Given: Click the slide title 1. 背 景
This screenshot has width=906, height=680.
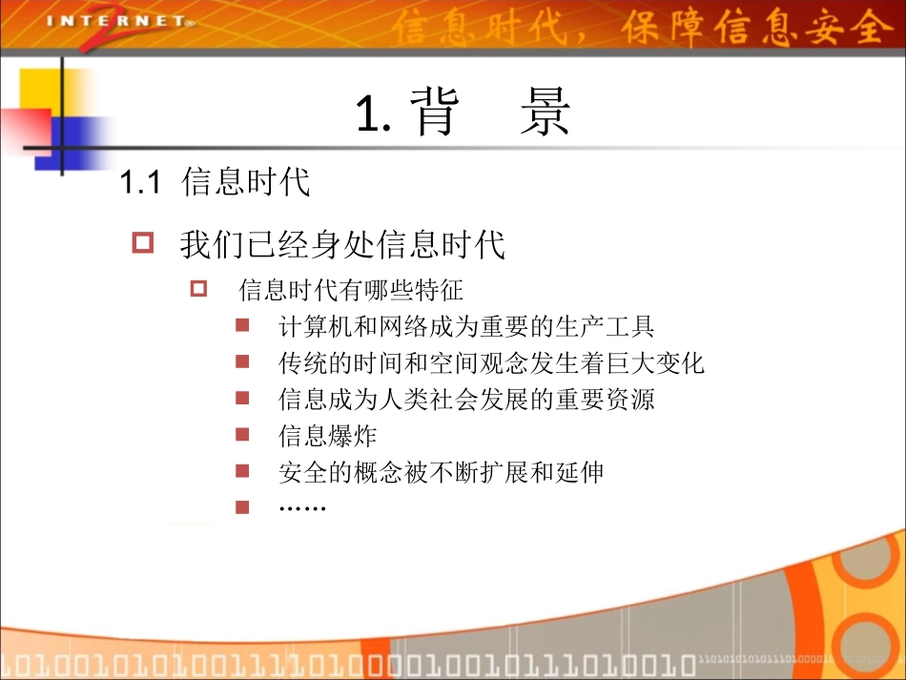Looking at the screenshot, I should (463, 113).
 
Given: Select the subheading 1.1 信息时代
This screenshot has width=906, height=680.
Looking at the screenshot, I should (216, 181).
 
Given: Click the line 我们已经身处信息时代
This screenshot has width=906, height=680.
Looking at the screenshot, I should (342, 244).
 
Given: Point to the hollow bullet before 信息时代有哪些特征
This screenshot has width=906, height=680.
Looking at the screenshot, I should (199, 288).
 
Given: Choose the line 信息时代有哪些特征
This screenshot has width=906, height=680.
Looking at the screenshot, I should (351, 290).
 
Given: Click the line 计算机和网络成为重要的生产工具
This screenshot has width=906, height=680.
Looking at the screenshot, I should (466, 327).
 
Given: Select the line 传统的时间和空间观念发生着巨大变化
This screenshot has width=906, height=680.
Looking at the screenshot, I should (491, 363).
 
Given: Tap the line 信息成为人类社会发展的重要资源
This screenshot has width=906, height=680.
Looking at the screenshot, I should (466, 399).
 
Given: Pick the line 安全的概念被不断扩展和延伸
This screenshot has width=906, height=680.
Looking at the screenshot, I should (441, 471).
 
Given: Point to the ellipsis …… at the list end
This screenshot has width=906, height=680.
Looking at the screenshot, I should (302, 506).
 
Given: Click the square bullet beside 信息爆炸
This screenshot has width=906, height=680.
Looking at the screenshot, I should (242, 435).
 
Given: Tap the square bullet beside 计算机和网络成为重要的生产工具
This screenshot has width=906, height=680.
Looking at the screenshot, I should (242, 326).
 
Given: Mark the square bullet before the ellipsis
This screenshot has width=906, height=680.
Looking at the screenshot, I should (242, 506).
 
